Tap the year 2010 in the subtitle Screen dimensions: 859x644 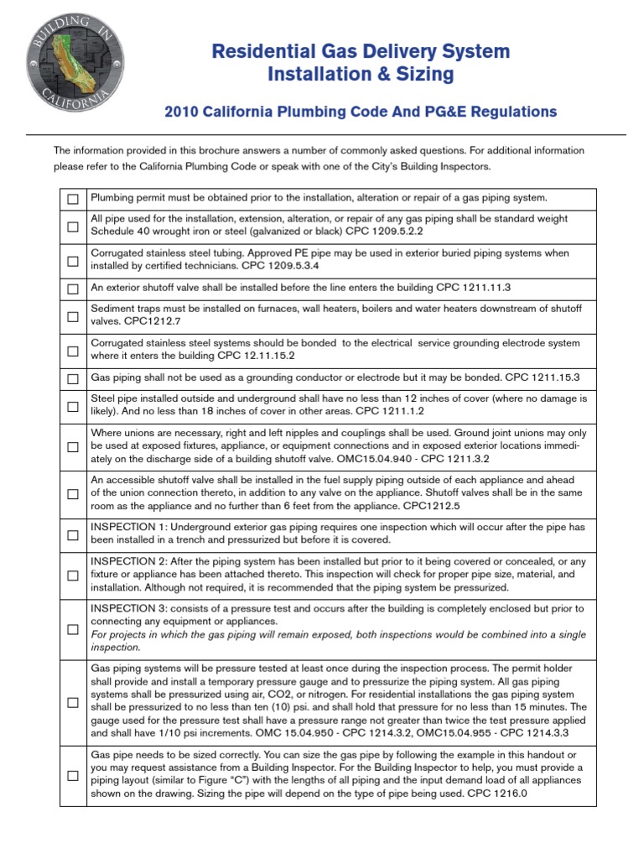(183, 112)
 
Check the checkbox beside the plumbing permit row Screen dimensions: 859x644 (73, 199)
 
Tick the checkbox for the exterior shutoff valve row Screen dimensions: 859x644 (73, 289)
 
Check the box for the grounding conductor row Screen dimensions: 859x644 (73, 379)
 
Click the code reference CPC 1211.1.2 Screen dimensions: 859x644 (391, 413)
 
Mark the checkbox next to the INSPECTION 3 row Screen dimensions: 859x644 (73, 628)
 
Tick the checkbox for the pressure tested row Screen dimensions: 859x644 (73, 702)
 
